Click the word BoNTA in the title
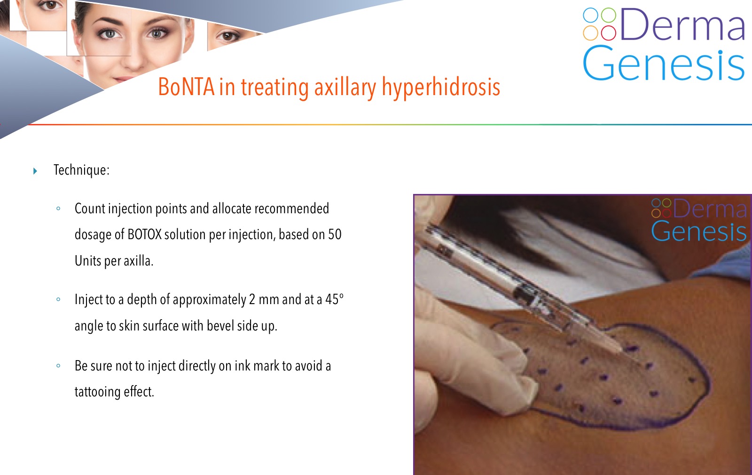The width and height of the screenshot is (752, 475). [x=186, y=87]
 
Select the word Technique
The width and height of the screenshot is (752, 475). [x=80, y=170]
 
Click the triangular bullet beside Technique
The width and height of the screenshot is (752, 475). [x=35, y=171]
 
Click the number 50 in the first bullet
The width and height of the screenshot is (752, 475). [x=334, y=234]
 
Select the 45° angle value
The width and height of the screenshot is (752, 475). [x=334, y=299]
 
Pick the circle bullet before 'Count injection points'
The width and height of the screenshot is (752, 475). [x=58, y=209]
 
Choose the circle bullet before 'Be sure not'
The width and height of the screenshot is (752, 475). [x=58, y=366]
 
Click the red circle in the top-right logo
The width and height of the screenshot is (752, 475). [x=608, y=32]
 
